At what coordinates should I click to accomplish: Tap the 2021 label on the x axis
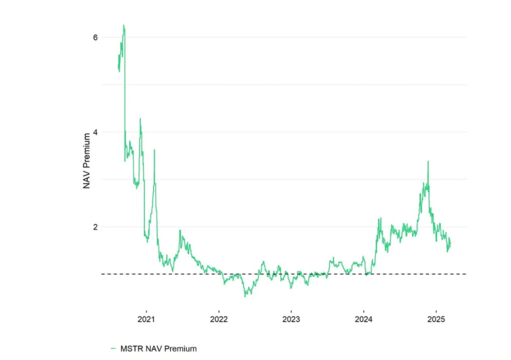146,319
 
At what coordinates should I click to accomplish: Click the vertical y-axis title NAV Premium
87,159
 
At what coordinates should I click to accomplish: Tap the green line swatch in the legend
113,348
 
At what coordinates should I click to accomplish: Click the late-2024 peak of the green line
428,161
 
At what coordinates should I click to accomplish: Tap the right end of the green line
450,242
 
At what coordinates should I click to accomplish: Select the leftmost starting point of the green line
118,67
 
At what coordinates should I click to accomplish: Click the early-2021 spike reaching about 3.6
154,149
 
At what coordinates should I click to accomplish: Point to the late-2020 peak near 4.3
140,118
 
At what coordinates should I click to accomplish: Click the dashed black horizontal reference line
280,274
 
